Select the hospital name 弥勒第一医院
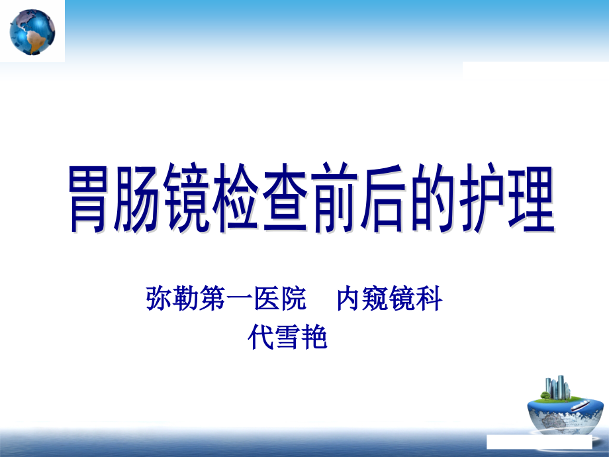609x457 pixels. tap(226, 300)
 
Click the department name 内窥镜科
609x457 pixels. tap(390, 300)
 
